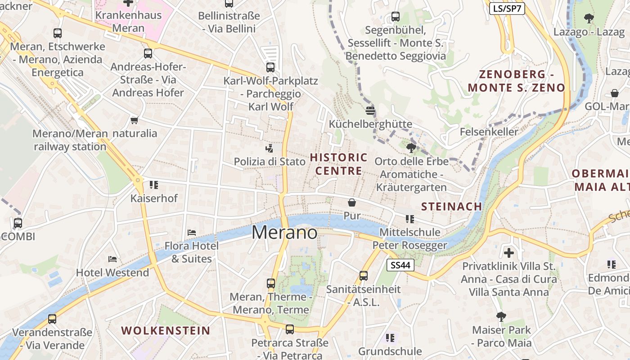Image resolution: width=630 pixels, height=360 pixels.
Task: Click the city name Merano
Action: tap(284, 233)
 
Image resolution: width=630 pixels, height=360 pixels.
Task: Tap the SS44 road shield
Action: tap(400, 265)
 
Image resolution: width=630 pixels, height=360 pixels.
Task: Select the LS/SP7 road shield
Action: tap(507, 9)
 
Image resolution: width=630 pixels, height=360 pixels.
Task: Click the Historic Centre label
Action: tap(339, 164)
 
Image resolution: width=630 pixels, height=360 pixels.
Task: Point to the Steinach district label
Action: tap(451, 207)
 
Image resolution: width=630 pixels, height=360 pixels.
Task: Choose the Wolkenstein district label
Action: tap(166, 331)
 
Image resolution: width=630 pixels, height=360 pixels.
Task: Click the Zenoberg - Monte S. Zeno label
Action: tap(516, 81)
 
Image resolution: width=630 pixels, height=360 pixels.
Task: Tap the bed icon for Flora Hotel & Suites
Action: tap(192, 233)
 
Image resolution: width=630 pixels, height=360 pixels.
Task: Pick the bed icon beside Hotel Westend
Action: tap(112, 259)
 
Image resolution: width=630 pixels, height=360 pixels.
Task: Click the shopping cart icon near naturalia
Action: tap(134, 120)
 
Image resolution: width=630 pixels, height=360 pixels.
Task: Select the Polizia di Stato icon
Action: tap(270, 148)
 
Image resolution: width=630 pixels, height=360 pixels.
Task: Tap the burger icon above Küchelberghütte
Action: tap(370, 111)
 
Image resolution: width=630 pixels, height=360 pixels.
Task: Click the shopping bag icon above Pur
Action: tap(352, 202)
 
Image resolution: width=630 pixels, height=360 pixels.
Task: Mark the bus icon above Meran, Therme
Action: tap(271, 283)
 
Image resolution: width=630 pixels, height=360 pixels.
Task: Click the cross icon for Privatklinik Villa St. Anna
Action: tap(509, 253)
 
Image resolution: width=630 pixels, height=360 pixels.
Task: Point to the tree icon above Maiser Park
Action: tap(501, 317)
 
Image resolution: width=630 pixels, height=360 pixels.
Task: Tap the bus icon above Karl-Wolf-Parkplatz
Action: tap(270, 67)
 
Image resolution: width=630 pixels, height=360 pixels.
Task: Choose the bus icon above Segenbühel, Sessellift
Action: tap(396, 17)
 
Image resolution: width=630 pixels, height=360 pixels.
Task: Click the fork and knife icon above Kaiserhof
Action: tap(154, 184)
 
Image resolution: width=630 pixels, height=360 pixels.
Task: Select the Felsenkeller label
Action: tap(489, 132)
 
